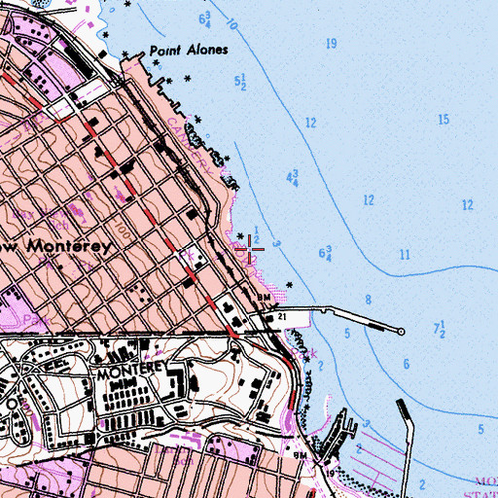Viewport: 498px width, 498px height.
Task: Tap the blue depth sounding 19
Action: (x=332, y=44)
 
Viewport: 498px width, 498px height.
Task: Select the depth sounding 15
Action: (x=444, y=120)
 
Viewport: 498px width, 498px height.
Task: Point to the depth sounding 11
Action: (x=403, y=255)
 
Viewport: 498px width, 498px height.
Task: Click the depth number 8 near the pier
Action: (x=369, y=299)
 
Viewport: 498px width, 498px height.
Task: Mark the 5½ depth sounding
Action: (x=241, y=83)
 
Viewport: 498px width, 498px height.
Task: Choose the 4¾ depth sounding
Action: (x=292, y=178)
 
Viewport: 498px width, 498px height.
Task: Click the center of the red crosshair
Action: (x=250, y=250)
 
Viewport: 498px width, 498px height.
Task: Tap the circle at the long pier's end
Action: (x=401, y=331)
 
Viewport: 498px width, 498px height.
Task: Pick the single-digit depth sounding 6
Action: (x=406, y=363)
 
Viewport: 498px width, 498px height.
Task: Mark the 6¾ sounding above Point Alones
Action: (x=205, y=18)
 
